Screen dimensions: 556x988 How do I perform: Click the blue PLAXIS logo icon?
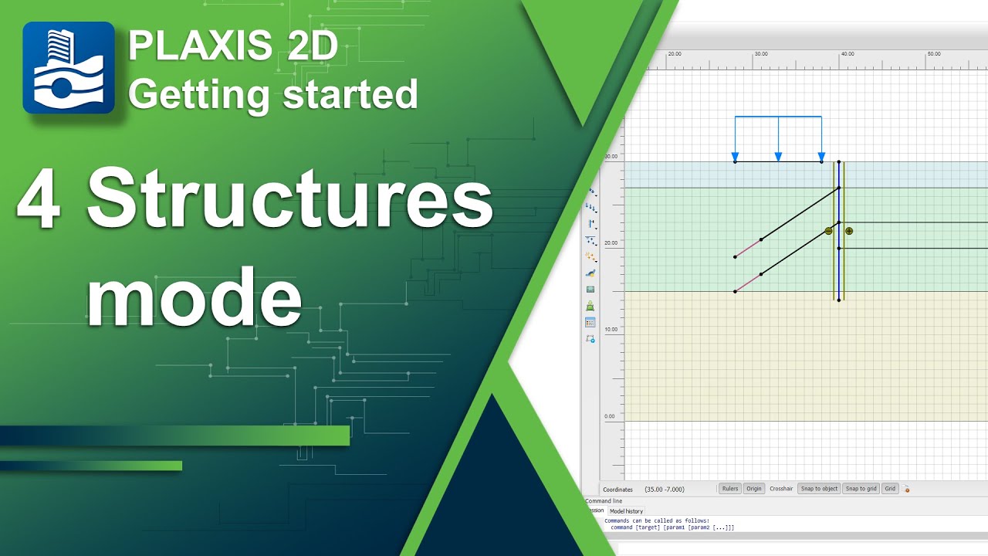[69, 68]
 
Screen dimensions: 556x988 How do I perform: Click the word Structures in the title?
[289, 198]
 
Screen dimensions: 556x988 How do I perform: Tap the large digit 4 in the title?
[39, 198]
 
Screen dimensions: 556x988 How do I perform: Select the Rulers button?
[729, 489]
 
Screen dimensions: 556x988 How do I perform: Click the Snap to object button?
[819, 489]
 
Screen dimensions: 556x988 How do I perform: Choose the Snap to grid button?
[861, 489]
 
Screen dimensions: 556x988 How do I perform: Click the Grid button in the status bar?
[890, 489]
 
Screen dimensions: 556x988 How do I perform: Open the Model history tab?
[626, 511]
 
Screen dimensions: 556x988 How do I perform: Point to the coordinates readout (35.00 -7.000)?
[664, 490]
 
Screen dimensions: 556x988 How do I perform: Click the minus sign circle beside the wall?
[828, 231]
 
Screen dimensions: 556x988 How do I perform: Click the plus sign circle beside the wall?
[849, 231]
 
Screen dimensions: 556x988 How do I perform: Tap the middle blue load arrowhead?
[778, 158]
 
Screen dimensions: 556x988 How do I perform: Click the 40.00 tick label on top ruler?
[847, 54]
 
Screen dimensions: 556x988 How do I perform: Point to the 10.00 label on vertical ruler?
[611, 330]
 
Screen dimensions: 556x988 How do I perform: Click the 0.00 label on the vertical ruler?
[610, 416]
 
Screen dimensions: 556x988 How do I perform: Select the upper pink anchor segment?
[748, 248]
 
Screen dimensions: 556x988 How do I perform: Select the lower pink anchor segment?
[748, 283]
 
